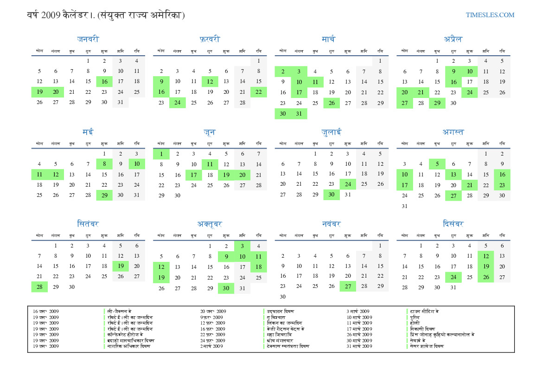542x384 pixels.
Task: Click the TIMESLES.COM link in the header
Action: (x=490, y=15)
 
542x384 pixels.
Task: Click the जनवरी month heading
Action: (x=88, y=39)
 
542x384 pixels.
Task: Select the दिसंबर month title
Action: (x=453, y=224)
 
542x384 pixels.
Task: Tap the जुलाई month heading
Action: (x=332, y=132)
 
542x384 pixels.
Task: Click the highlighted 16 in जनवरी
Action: (x=104, y=82)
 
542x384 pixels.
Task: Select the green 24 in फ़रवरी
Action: (x=178, y=103)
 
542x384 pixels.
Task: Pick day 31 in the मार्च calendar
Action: (x=299, y=113)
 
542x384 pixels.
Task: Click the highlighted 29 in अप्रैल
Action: (x=437, y=103)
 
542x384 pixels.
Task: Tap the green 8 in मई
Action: (x=104, y=163)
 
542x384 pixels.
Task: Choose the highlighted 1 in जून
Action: (x=161, y=154)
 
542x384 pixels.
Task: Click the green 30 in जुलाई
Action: (x=332, y=195)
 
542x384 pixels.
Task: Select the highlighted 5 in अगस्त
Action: (x=437, y=163)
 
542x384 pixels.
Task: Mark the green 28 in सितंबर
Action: (x=39, y=287)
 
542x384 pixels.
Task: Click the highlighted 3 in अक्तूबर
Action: (x=242, y=246)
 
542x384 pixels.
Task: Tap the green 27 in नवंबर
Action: (x=348, y=286)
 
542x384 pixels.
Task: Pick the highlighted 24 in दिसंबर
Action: (x=453, y=278)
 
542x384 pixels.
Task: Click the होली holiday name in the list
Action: (x=414, y=323)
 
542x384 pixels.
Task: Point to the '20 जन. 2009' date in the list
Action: (x=213, y=311)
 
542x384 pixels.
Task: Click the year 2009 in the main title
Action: (x=51, y=15)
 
